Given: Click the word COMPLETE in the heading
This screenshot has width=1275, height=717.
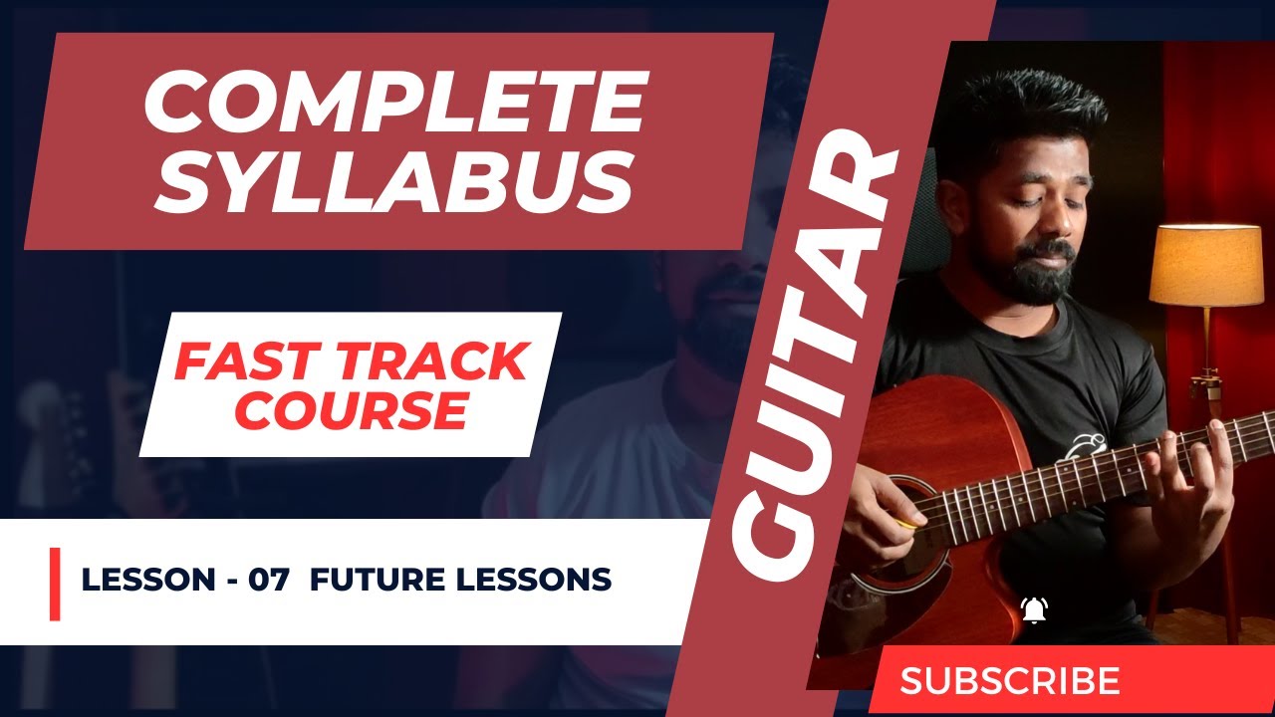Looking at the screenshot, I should pyautogui.click(x=395, y=105).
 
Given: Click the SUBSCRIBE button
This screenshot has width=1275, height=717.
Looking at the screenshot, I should pyautogui.click(x=1010, y=681).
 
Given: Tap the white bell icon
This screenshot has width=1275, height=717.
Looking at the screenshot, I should pyautogui.click(x=1036, y=608).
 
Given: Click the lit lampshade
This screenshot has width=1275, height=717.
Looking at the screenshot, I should pyautogui.click(x=1205, y=265).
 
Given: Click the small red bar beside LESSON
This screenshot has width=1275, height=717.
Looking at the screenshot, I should pyautogui.click(x=55, y=584).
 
